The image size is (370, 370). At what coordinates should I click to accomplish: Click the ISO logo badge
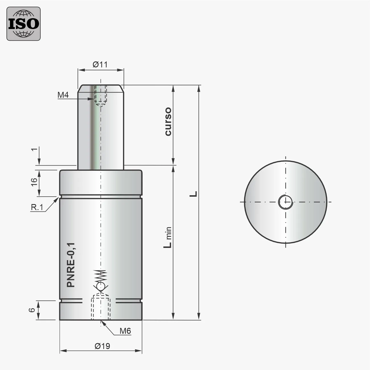[x=23, y=24]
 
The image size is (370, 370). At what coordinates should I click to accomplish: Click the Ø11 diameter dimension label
[x=100, y=65]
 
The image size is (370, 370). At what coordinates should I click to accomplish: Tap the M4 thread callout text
[x=63, y=95]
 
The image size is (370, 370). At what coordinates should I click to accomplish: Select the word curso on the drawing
[x=168, y=122]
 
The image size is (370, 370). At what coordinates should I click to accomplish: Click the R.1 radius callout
[x=37, y=207]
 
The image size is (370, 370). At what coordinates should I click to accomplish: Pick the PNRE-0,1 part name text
[x=71, y=265]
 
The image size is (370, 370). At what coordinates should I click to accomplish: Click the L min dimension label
[x=168, y=238]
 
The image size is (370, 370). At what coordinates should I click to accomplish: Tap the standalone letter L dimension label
[x=194, y=194]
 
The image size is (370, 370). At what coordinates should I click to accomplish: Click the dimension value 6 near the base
[x=33, y=310]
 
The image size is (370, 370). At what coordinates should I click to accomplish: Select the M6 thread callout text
[x=125, y=331]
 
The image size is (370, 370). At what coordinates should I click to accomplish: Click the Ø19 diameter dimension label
[x=102, y=346]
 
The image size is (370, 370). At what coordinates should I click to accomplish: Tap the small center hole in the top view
[x=285, y=202]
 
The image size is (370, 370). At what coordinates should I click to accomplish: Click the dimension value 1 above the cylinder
[x=35, y=150]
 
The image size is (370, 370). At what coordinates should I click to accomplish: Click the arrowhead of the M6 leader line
[x=103, y=322]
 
